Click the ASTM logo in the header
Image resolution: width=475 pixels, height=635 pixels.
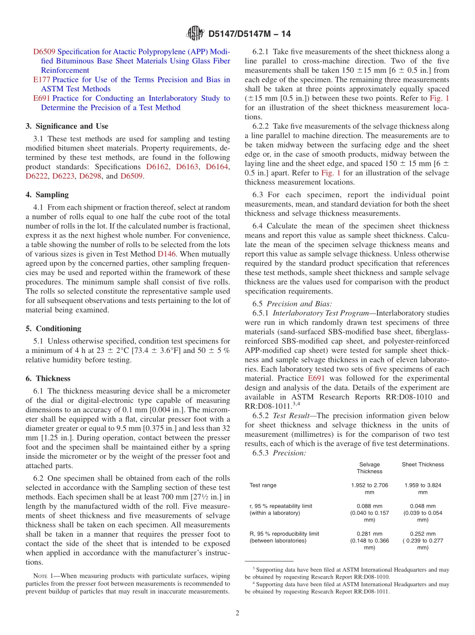coord(195,33)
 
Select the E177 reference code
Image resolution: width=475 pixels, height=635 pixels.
coord(41,80)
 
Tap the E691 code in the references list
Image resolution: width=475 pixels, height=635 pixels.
coord(41,98)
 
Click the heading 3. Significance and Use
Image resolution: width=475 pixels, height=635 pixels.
coord(67,126)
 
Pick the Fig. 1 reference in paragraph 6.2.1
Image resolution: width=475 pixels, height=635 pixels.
coord(439,98)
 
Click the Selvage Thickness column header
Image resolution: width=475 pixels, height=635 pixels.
coord(369,468)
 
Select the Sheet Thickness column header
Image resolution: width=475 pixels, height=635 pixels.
coord(422,465)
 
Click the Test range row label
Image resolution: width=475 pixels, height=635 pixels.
coord(263,485)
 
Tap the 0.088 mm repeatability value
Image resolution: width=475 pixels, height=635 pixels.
coord(369,506)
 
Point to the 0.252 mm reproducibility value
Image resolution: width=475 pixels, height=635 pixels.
coord(422,534)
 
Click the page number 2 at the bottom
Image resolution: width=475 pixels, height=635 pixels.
coord(237,613)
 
